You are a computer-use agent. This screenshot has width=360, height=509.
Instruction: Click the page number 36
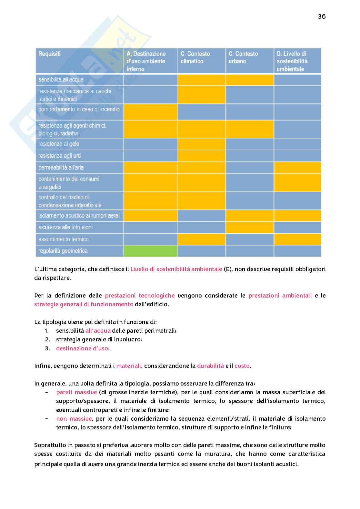pos(322,16)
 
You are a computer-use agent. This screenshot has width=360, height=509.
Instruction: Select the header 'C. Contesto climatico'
pos(195,57)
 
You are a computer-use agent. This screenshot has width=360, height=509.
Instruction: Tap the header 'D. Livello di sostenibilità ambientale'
pos(292,61)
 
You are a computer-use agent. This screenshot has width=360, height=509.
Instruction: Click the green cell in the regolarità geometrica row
pos(151,251)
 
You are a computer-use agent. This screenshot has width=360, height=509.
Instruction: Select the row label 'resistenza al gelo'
pos(59,144)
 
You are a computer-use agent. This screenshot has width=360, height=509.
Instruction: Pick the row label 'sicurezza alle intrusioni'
pos(65,227)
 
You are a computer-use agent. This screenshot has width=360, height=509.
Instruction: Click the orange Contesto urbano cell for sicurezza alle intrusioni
pos(250,227)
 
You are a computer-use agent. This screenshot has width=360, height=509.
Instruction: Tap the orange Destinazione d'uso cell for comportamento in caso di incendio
pos(151,112)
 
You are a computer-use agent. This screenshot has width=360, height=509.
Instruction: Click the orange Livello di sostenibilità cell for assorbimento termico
pos(297,239)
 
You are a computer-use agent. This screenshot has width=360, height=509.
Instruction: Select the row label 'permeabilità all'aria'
pos(61,167)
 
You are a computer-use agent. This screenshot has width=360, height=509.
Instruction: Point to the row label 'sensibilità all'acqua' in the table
pos(61,80)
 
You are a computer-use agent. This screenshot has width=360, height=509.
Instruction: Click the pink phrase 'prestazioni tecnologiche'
pos(140,296)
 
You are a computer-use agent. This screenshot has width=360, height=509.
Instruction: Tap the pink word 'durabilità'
pos(210,366)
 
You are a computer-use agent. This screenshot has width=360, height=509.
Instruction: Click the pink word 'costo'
pos(242,366)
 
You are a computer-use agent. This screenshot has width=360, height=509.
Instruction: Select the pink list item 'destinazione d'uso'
pos(82,348)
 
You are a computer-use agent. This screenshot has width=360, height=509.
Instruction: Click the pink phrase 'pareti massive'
pos(76,392)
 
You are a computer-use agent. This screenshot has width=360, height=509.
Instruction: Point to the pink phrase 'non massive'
pos(74,419)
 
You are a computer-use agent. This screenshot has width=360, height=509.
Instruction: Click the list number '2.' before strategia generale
pos(47,339)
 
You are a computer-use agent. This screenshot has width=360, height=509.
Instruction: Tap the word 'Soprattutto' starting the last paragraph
pos(50,445)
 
